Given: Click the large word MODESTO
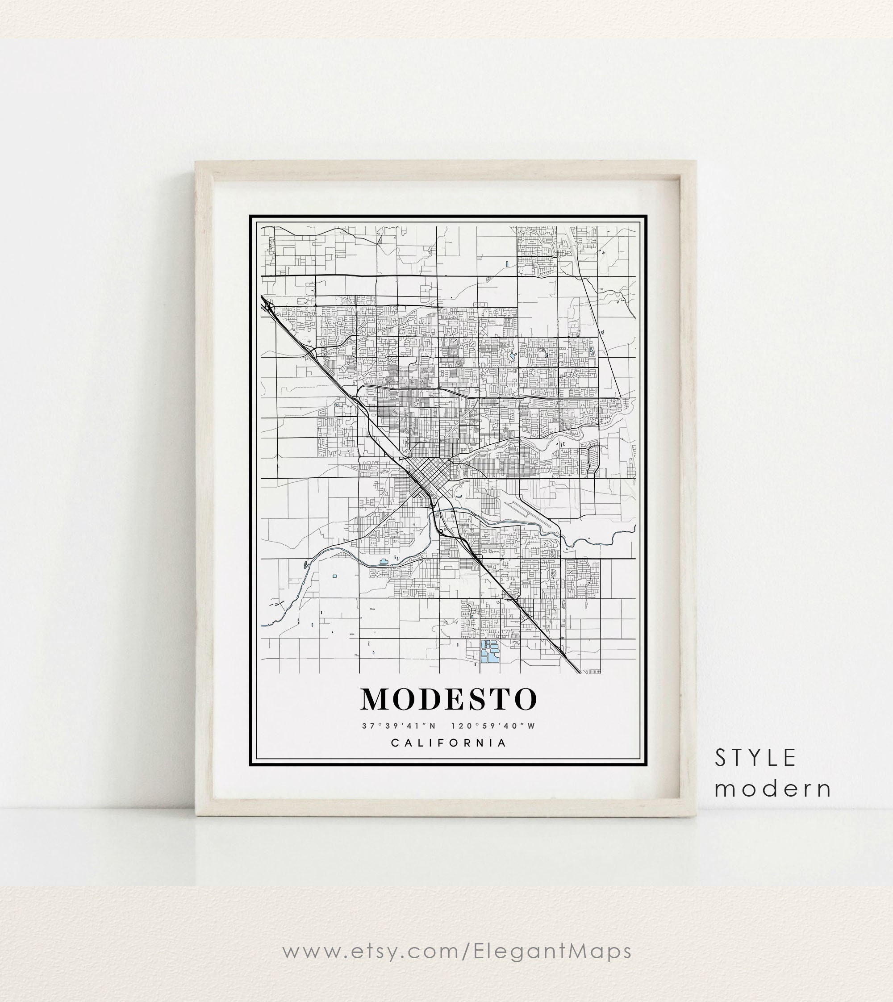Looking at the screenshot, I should [x=449, y=699].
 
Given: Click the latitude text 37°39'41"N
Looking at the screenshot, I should [x=399, y=726].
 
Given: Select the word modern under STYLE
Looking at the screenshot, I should [x=773, y=789].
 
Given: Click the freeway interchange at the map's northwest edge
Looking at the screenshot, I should [x=269, y=308].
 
